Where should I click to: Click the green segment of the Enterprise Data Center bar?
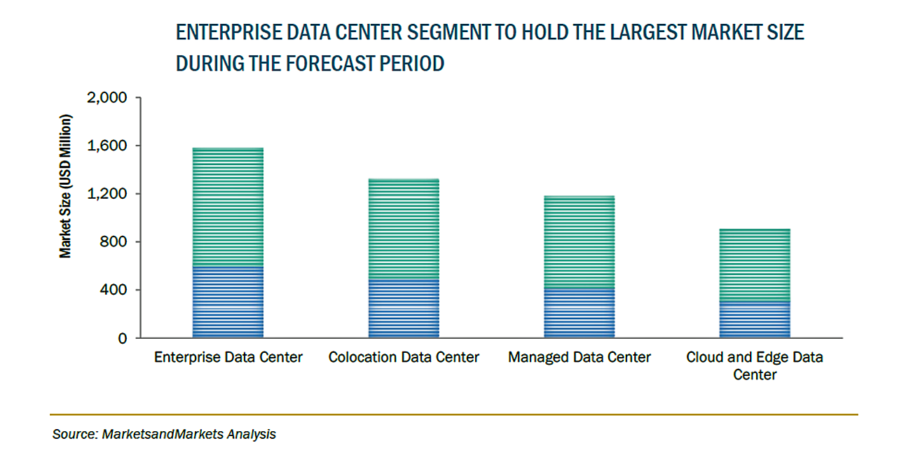pyautogui.click(x=228, y=207)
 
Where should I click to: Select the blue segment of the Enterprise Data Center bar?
pyautogui.click(x=228, y=302)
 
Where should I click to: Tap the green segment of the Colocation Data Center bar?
pyautogui.click(x=404, y=230)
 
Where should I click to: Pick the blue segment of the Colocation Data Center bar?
pyautogui.click(x=404, y=309)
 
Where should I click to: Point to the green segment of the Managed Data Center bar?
pyautogui.click(x=579, y=242)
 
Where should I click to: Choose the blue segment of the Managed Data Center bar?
pyautogui.click(x=579, y=314)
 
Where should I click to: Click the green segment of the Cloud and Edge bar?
pyautogui.click(x=755, y=265)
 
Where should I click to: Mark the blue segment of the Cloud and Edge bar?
pyautogui.click(x=755, y=320)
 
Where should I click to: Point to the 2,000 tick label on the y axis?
pyautogui.click(x=106, y=98)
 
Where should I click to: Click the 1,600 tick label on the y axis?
pyautogui.click(x=106, y=146)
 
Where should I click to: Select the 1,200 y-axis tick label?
pyautogui.click(x=106, y=194)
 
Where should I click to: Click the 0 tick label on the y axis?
pyautogui.click(x=122, y=338)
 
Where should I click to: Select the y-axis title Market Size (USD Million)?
pyautogui.click(x=65, y=185)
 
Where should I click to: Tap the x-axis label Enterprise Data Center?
pyautogui.click(x=228, y=358)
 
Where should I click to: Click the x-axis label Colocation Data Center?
pyautogui.click(x=404, y=358)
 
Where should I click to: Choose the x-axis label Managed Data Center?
pyautogui.click(x=580, y=358)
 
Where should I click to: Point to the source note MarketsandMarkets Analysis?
pyautogui.click(x=164, y=435)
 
